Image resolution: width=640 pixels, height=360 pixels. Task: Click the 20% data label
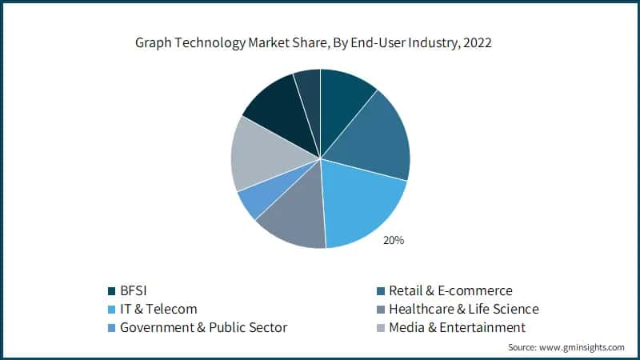pyautogui.click(x=393, y=240)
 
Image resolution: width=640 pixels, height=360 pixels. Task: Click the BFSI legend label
pyautogui.click(x=136, y=290)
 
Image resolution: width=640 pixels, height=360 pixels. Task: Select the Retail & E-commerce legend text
pyautogui.click(x=450, y=290)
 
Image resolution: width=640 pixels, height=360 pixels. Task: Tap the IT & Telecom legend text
pyautogui.click(x=158, y=309)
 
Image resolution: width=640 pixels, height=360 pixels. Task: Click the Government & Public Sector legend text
pyautogui.click(x=203, y=327)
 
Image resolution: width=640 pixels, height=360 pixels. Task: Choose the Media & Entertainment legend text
pyautogui.click(x=457, y=327)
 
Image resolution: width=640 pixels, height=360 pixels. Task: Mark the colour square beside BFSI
pyautogui.click(x=111, y=290)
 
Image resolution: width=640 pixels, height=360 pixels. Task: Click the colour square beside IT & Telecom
pyautogui.click(x=111, y=309)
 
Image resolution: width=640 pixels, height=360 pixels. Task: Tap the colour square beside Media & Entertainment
pyautogui.click(x=380, y=327)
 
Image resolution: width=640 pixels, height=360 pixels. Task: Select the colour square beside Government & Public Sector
pyautogui.click(x=111, y=327)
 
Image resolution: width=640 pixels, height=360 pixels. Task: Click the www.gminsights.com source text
pyautogui.click(x=583, y=347)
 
